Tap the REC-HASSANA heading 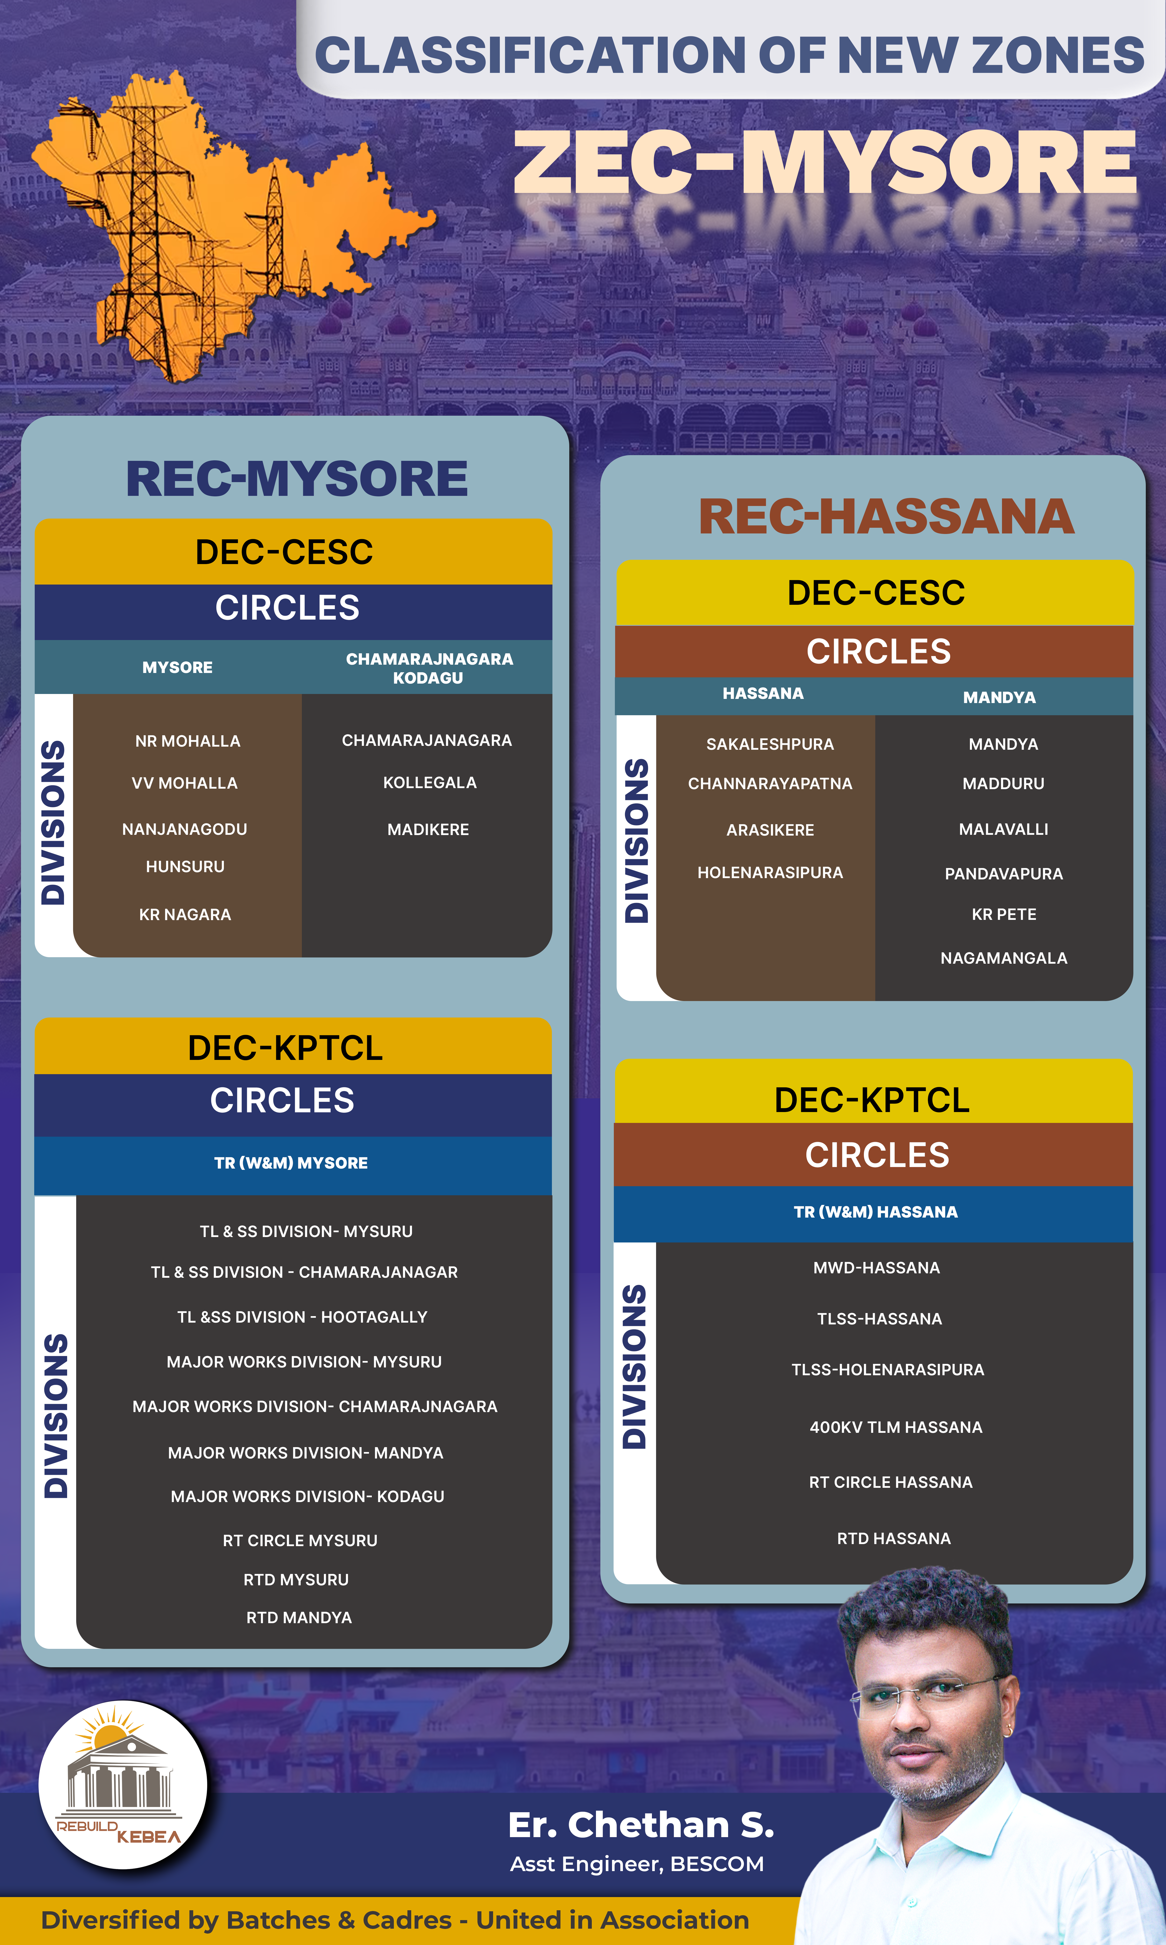(886, 517)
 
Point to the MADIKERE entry (428, 829)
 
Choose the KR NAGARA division (186, 914)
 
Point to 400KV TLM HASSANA (896, 1427)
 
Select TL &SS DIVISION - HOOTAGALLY (302, 1317)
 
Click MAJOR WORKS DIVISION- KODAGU (307, 1496)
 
